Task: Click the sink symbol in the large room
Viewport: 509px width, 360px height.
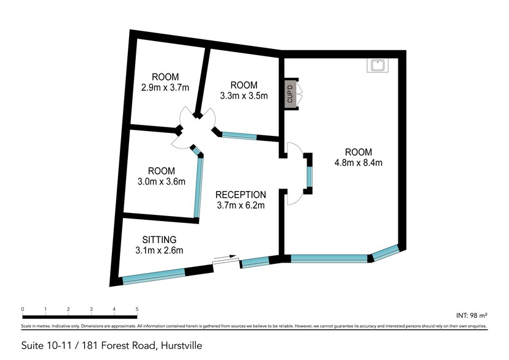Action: click(378, 66)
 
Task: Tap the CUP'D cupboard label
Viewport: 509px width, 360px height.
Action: click(290, 94)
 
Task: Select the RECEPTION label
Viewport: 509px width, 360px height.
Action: click(240, 195)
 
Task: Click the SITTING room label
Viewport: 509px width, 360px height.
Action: click(160, 240)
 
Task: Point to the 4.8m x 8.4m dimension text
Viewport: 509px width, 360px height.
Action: click(359, 162)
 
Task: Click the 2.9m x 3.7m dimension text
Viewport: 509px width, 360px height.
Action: click(165, 88)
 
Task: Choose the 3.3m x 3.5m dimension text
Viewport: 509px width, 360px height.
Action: click(243, 96)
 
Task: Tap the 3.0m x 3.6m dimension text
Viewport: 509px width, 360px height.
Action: click(162, 182)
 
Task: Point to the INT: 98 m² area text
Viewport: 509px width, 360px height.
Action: click(472, 315)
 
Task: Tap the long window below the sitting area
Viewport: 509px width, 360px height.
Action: click(154, 275)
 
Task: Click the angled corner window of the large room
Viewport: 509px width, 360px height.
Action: click(385, 253)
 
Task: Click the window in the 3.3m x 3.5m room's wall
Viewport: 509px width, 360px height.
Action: click(239, 135)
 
